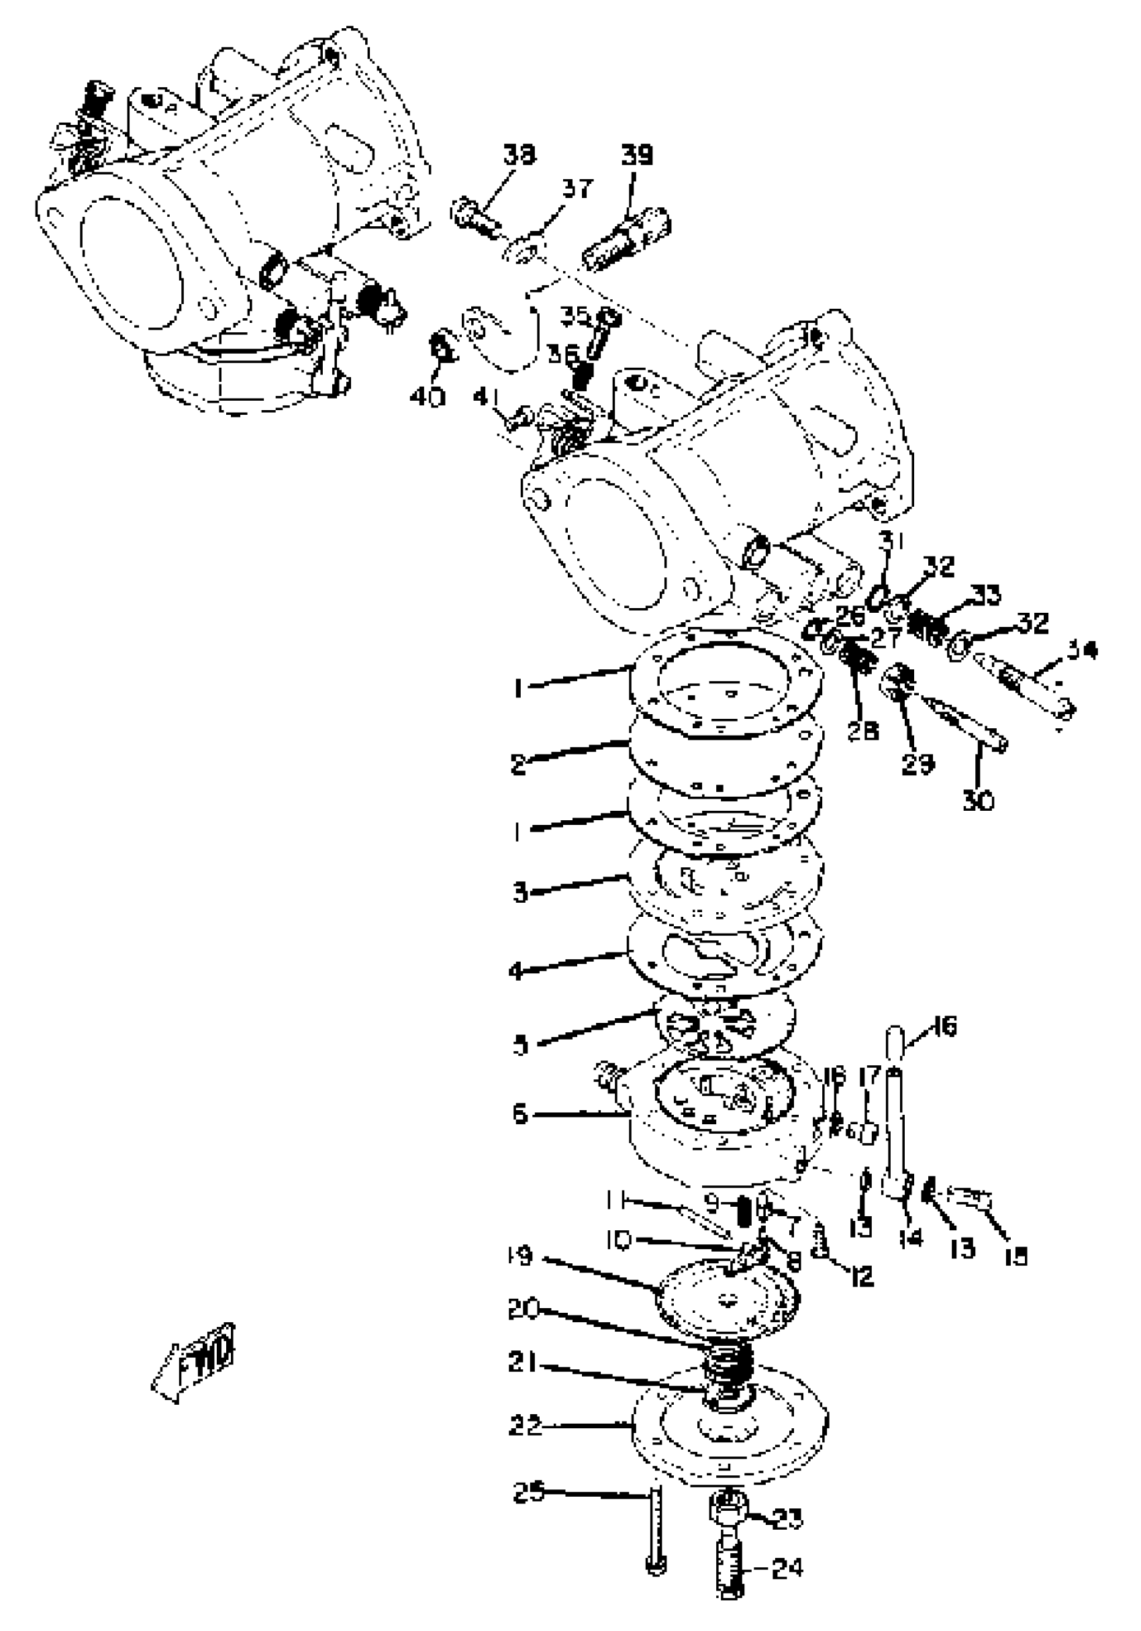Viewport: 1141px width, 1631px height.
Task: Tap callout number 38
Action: pos(520,154)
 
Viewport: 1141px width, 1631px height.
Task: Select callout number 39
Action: pos(636,154)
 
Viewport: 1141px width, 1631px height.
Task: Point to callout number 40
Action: pos(427,397)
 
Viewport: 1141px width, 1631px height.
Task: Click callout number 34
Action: pos(1080,650)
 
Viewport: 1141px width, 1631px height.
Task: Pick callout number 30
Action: pos(979,801)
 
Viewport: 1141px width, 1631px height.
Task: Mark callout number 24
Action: pos(787,1568)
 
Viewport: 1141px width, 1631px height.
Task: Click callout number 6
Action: pos(521,1114)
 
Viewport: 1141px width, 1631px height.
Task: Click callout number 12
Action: pos(861,1277)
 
